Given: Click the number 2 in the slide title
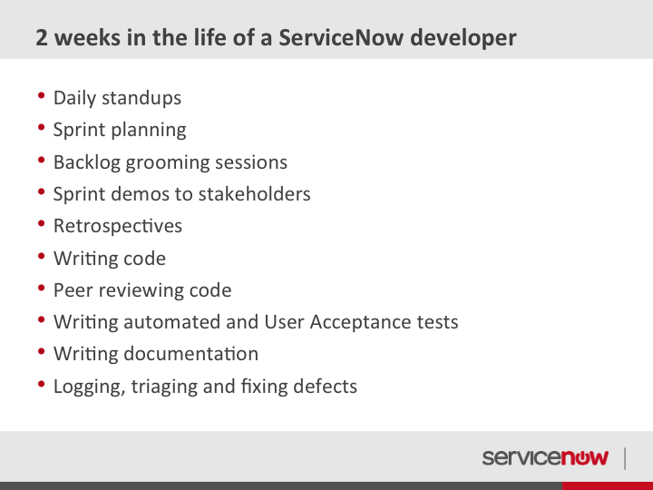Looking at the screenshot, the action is [42, 37].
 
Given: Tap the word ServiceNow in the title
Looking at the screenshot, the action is [341, 37].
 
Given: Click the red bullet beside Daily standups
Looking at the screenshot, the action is [41, 95].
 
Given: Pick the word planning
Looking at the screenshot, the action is [149, 131].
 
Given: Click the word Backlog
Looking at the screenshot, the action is [87, 162].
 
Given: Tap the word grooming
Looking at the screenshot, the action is [168, 163].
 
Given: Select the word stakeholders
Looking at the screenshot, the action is [254, 194].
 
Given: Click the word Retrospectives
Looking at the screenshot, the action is [118, 226].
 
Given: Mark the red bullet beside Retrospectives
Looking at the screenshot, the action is [41, 223].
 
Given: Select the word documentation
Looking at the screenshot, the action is [190, 354].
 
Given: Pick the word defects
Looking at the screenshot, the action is [325, 387].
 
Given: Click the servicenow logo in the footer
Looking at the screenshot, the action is [545, 457].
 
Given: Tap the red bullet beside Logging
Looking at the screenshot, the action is [41, 384].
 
